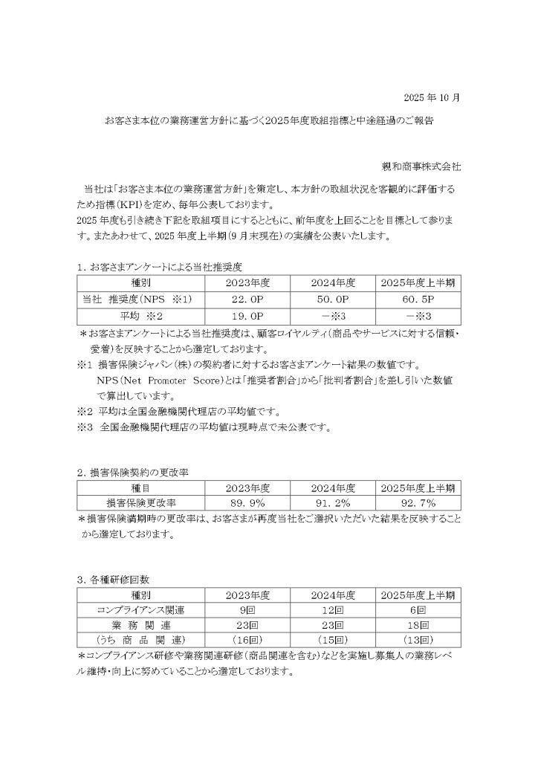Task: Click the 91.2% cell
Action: (328, 502)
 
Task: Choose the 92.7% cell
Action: (421, 502)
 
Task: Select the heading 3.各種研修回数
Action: (117, 579)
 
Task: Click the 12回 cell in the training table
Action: (328, 610)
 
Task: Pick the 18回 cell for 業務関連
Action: (421, 626)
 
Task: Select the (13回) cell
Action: (421, 641)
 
